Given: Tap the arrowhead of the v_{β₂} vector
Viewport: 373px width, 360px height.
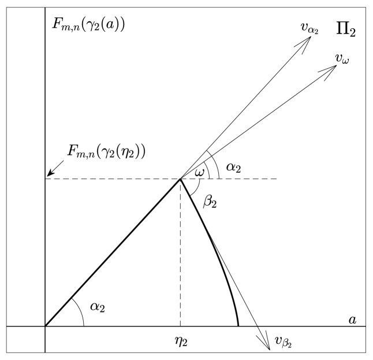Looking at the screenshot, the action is coord(267,346).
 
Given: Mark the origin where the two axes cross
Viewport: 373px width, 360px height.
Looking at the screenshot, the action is coord(45,326).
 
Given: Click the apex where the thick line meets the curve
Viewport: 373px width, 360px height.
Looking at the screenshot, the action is coord(181,179).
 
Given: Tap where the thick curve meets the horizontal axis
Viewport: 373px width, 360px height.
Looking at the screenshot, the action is coord(238,326).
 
